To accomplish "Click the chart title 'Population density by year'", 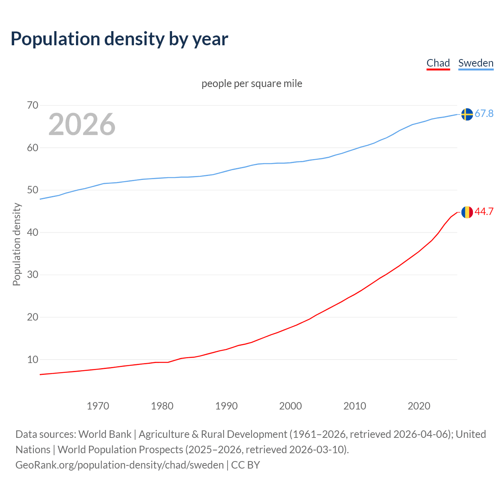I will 119,39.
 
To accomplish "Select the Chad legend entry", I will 438,63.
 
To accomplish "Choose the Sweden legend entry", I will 476,63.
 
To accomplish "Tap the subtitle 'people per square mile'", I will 252,83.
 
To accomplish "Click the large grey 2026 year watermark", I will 82,124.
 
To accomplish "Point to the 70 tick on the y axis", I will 33,105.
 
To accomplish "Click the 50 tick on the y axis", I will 33,190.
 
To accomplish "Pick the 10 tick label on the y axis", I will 33,359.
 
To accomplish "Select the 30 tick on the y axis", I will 33,274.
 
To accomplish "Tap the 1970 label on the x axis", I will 98,406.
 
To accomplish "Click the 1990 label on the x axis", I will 226,406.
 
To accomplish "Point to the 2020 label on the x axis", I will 419,406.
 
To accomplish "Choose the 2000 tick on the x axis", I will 291,406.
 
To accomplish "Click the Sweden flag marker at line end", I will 467,114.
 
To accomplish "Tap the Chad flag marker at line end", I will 467,212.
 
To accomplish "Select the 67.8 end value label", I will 484,114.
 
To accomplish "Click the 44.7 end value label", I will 484,212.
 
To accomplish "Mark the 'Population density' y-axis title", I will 17,244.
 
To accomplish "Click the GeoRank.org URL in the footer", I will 119,465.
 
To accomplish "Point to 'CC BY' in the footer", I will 246,465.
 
